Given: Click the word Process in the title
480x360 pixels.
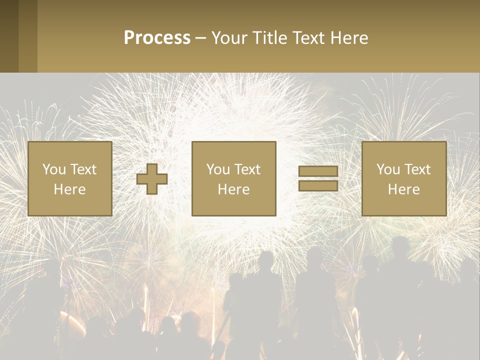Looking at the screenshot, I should point(157,38).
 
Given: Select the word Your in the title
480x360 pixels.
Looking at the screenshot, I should point(227,38).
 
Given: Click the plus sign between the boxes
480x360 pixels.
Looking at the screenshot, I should point(152,179).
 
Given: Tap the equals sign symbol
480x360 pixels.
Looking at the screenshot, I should point(318,179).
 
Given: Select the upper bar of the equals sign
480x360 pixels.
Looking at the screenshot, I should point(318,171).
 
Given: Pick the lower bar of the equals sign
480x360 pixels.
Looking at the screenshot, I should point(318,186).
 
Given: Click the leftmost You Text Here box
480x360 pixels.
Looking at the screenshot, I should point(69,179).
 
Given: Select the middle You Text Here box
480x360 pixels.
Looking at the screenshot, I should point(233,179).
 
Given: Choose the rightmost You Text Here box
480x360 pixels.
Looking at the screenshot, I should point(403,179).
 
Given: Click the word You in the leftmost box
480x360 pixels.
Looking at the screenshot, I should point(53,169).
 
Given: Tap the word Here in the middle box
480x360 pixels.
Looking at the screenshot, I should point(233,189).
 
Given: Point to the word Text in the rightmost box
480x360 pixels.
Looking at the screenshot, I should point(417,169).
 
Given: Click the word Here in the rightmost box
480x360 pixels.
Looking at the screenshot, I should point(403,189).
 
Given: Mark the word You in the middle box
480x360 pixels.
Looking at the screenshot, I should point(217,169).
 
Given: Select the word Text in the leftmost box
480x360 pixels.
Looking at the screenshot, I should point(83,169).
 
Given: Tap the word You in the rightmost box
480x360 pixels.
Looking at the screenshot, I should point(387,169).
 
